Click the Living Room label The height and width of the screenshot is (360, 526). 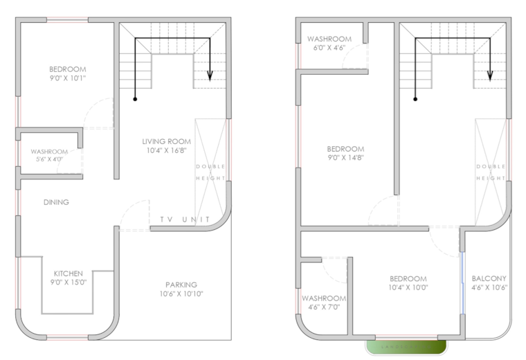click(x=165, y=141)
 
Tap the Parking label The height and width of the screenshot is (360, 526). click(x=181, y=285)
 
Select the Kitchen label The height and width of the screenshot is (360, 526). click(x=68, y=273)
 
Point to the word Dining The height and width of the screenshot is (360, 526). click(x=56, y=202)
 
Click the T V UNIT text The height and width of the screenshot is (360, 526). click(x=185, y=219)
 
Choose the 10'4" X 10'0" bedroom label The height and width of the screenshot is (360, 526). click(x=408, y=282)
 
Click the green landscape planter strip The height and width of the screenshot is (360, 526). click(x=406, y=345)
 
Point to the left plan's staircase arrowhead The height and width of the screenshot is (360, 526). click(x=211, y=77)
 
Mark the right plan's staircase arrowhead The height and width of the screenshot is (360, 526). click(x=490, y=77)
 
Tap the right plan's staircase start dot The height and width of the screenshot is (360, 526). click(x=415, y=99)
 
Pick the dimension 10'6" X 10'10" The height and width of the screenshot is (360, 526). click(x=181, y=294)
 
